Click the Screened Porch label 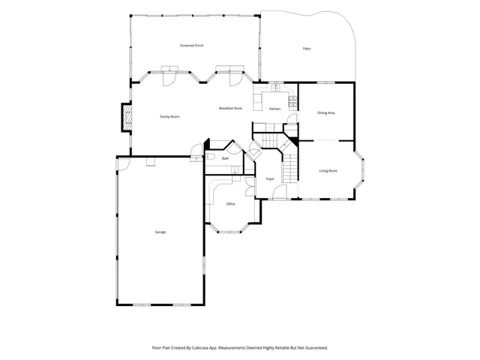pyautogui.click(x=192, y=46)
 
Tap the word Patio pyautogui.click(x=307, y=49)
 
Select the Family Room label pyautogui.click(x=169, y=117)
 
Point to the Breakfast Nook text pyautogui.click(x=230, y=108)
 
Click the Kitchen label pyautogui.click(x=274, y=109)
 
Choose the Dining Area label pyautogui.click(x=326, y=113)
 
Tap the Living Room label pyautogui.click(x=328, y=171)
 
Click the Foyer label pyautogui.click(x=270, y=178)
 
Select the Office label pyautogui.click(x=230, y=204)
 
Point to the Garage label pyautogui.click(x=160, y=232)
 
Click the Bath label pyautogui.click(x=225, y=158)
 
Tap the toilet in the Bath pyautogui.click(x=210, y=157)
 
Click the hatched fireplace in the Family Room pyautogui.click(x=127, y=118)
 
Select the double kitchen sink pyautogui.click(x=276, y=88)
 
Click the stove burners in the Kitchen pyautogui.click(x=292, y=101)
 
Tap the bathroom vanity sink pyautogui.click(x=235, y=169)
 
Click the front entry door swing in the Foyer pyautogui.click(x=280, y=191)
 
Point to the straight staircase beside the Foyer pyautogui.click(x=290, y=169)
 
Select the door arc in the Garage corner pyautogui.click(x=124, y=164)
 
